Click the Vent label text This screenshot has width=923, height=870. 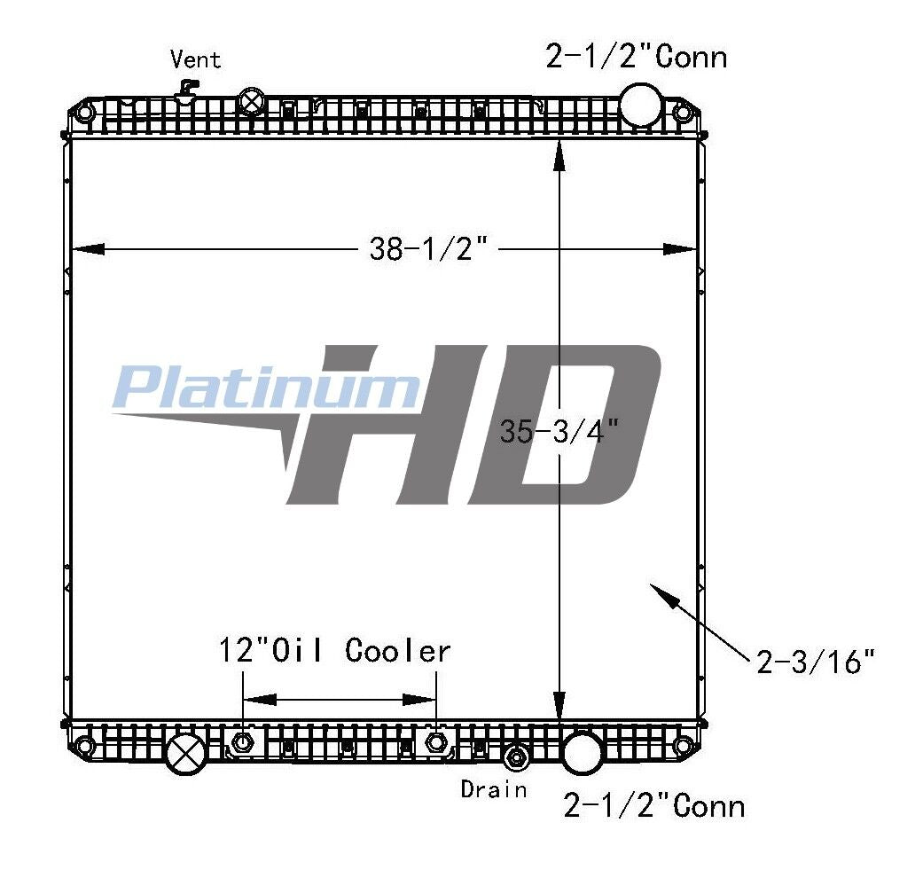(x=195, y=59)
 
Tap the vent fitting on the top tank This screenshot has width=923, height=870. (x=187, y=92)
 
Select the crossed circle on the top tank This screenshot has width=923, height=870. (x=252, y=101)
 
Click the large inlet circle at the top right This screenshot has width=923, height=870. (x=640, y=105)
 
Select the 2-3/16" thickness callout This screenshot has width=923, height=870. (x=816, y=662)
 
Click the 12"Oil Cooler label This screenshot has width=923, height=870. (x=335, y=651)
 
